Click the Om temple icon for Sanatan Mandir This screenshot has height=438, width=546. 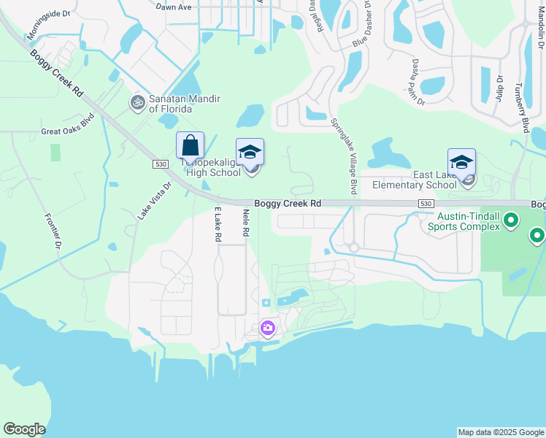[x=137, y=102]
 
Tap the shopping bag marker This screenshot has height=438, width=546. [x=190, y=146]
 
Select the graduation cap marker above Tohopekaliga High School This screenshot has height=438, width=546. [x=250, y=153]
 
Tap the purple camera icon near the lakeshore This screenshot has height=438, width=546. [x=268, y=328]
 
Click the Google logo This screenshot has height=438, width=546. [x=24, y=429]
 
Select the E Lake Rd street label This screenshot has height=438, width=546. [x=217, y=224]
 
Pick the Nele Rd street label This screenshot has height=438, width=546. [x=246, y=223]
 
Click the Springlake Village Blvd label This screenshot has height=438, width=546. [x=343, y=156]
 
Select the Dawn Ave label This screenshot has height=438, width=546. [x=174, y=6]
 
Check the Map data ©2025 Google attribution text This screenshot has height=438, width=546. [x=501, y=432]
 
